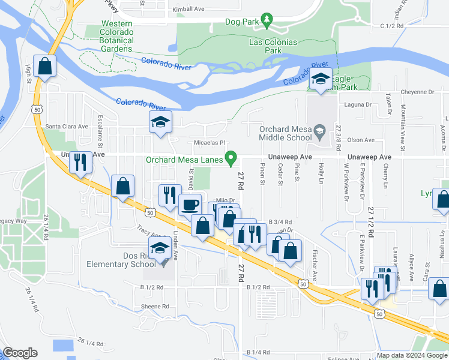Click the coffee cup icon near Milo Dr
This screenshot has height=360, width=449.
(x=190, y=204)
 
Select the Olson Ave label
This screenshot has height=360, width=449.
(x=361, y=140)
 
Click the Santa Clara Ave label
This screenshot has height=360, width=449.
(x=67, y=127)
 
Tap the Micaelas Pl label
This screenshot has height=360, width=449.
(x=209, y=143)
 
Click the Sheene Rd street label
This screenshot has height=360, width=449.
(x=155, y=306)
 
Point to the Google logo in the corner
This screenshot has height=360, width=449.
(x=20, y=353)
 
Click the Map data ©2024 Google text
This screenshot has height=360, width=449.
(x=411, y=355)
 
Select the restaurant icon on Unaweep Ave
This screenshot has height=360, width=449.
(x=80, y=161)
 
